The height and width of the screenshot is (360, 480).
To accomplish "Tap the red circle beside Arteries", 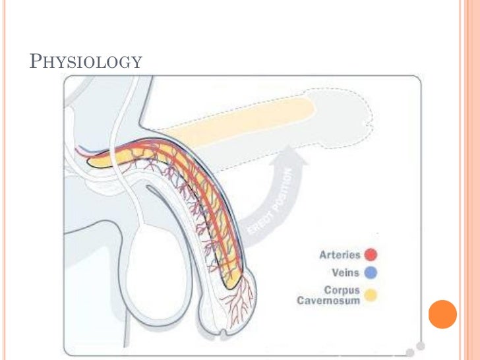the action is tap(371, 255).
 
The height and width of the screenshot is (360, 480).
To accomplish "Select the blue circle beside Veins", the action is tap(371, 272).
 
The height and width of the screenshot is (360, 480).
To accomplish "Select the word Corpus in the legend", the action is tap(342, 290).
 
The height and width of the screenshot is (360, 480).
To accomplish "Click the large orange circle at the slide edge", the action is tap(442, 315).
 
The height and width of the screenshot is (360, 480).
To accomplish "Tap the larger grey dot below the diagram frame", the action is tap(410, 351).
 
